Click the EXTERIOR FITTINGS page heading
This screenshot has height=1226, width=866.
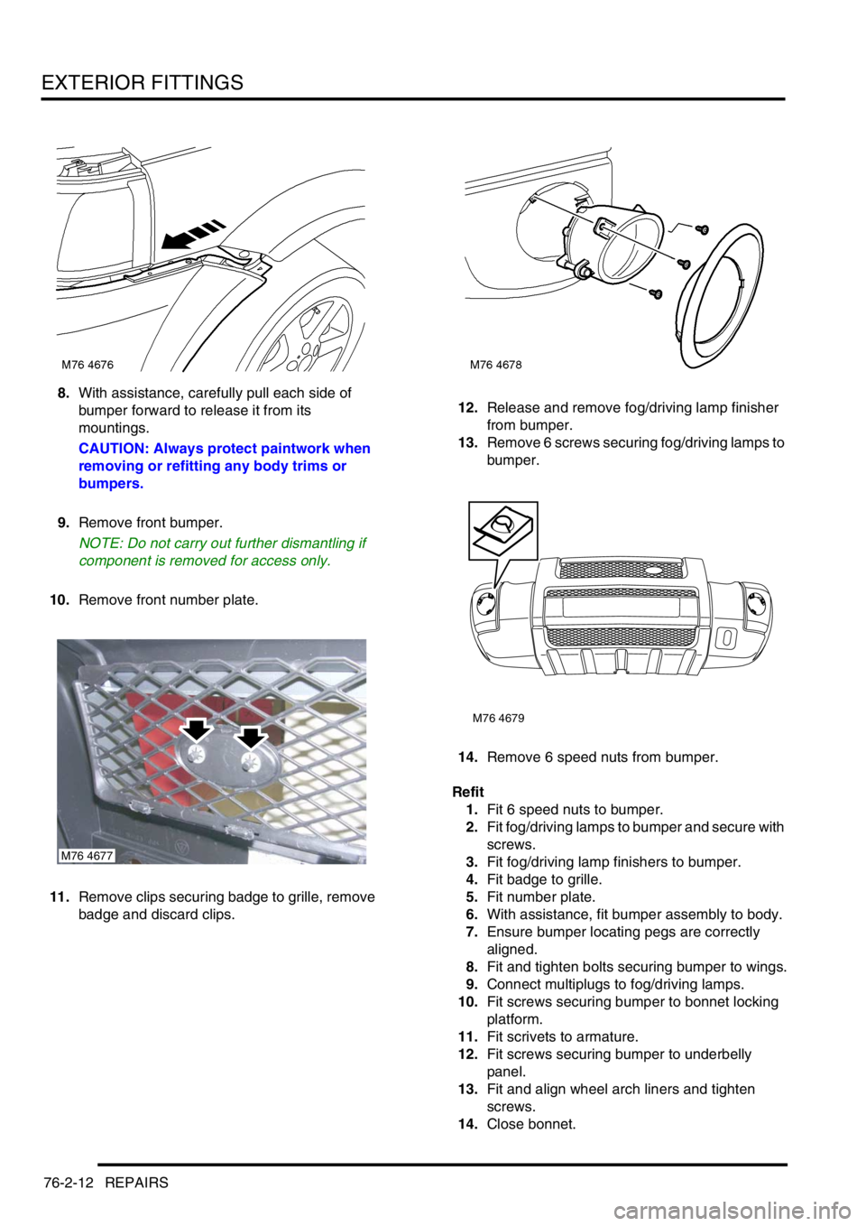pyautogui.click(x=143, y=82)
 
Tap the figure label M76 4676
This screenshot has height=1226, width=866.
pyautogui.click(x=88, y=364)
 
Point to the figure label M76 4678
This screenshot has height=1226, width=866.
pyautogui.click(x=496, y=364)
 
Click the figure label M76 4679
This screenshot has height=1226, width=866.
pyautogui.click(x=498, y=718)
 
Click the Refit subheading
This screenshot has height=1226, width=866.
pyautogui.click(x=468, y=792)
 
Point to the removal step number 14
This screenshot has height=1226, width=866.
pyautogui.click(x=470, y=757)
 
